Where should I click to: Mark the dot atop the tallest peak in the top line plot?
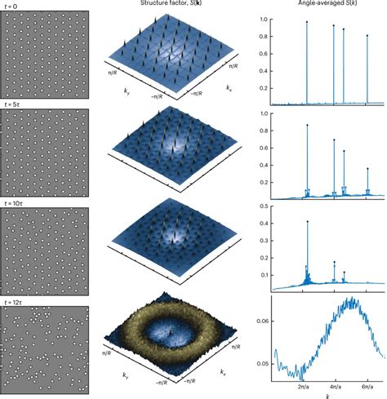(x=306, y=22)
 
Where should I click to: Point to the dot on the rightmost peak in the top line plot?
(x=367, y=36)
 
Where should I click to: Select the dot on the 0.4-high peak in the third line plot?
(x=306, y=221)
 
